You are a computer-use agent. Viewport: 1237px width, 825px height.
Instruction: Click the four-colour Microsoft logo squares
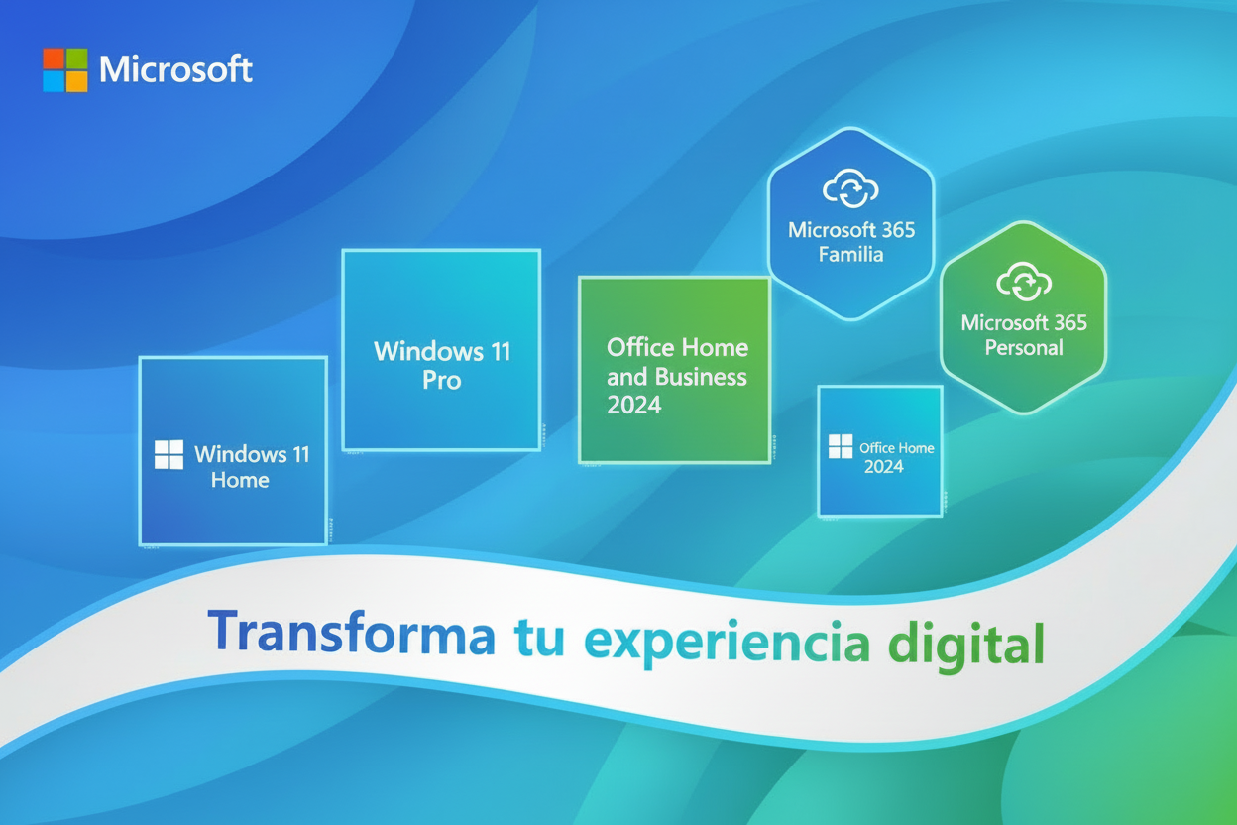point(64,69)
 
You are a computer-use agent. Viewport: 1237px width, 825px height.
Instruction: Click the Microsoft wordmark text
point(175,69)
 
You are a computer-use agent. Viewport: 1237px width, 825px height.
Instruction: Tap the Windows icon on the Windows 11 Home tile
point(169,455)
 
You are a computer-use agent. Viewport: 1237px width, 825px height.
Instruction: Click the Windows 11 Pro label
point(442,365)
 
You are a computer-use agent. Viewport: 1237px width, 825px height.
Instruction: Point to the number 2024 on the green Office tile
point(633,405)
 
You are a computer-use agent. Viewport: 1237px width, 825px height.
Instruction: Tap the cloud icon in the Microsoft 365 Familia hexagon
point(851,189)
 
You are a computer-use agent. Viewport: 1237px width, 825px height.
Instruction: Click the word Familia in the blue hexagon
point(851,255)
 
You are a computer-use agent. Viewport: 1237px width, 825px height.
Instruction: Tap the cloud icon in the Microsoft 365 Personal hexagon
point(1023,283)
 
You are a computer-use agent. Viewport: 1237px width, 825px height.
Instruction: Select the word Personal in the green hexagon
point(1023,348)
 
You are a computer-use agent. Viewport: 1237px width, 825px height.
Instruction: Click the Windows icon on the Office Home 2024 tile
point(840,446)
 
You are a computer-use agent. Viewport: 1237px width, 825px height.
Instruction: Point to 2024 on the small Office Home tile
point(883,466)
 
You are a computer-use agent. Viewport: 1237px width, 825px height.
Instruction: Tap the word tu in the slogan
point(539,638)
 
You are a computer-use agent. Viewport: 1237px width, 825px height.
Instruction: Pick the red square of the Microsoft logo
point(54,59)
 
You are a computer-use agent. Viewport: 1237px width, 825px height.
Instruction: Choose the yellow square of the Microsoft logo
point(76,81)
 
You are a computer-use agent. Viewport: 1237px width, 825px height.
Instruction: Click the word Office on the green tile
point(640,347)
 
